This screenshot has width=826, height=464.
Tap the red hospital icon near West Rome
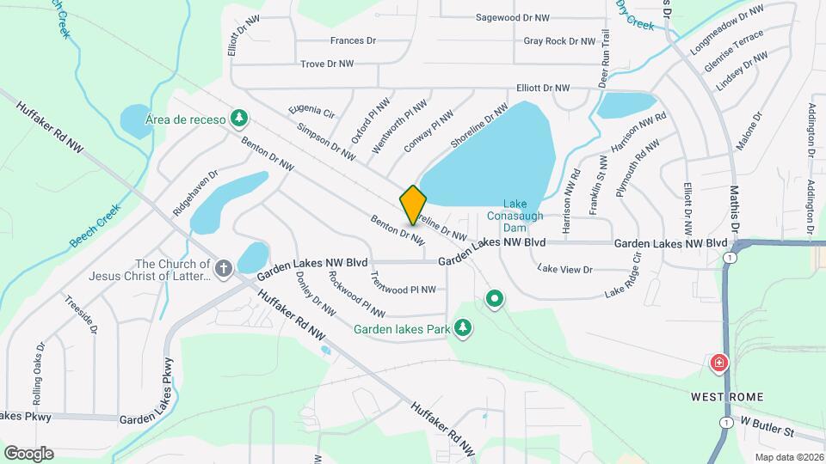[717, 364]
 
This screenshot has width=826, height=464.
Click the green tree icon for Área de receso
[243, 119]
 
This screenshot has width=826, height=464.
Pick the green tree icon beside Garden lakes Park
[463, 328]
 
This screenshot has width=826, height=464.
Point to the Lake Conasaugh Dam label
[515, 216]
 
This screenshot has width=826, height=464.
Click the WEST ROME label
[727, 397]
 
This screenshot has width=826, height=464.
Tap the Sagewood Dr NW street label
[513, 17]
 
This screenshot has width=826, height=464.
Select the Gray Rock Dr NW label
[559, 41]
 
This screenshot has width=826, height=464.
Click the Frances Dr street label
[354, 40]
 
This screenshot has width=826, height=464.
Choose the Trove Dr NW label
[327, 64]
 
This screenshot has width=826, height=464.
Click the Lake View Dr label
[565, 269]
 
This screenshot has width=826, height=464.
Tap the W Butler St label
[768, 428]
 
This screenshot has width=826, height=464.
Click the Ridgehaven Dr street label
[195, 192]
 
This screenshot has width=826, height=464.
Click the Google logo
[28, 453]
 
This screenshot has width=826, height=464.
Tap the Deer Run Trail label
[605, 58]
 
